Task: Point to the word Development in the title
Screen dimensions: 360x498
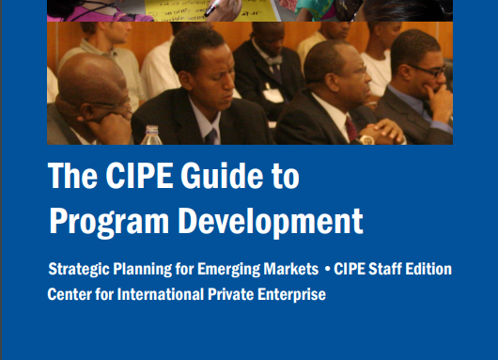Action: click(272, 221)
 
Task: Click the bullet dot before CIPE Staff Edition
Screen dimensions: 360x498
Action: click(327, 270)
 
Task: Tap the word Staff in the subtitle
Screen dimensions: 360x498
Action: click(387, 270)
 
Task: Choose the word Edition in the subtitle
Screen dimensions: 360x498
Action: click(430, 270)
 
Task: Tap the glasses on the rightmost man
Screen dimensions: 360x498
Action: click(428, 70)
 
